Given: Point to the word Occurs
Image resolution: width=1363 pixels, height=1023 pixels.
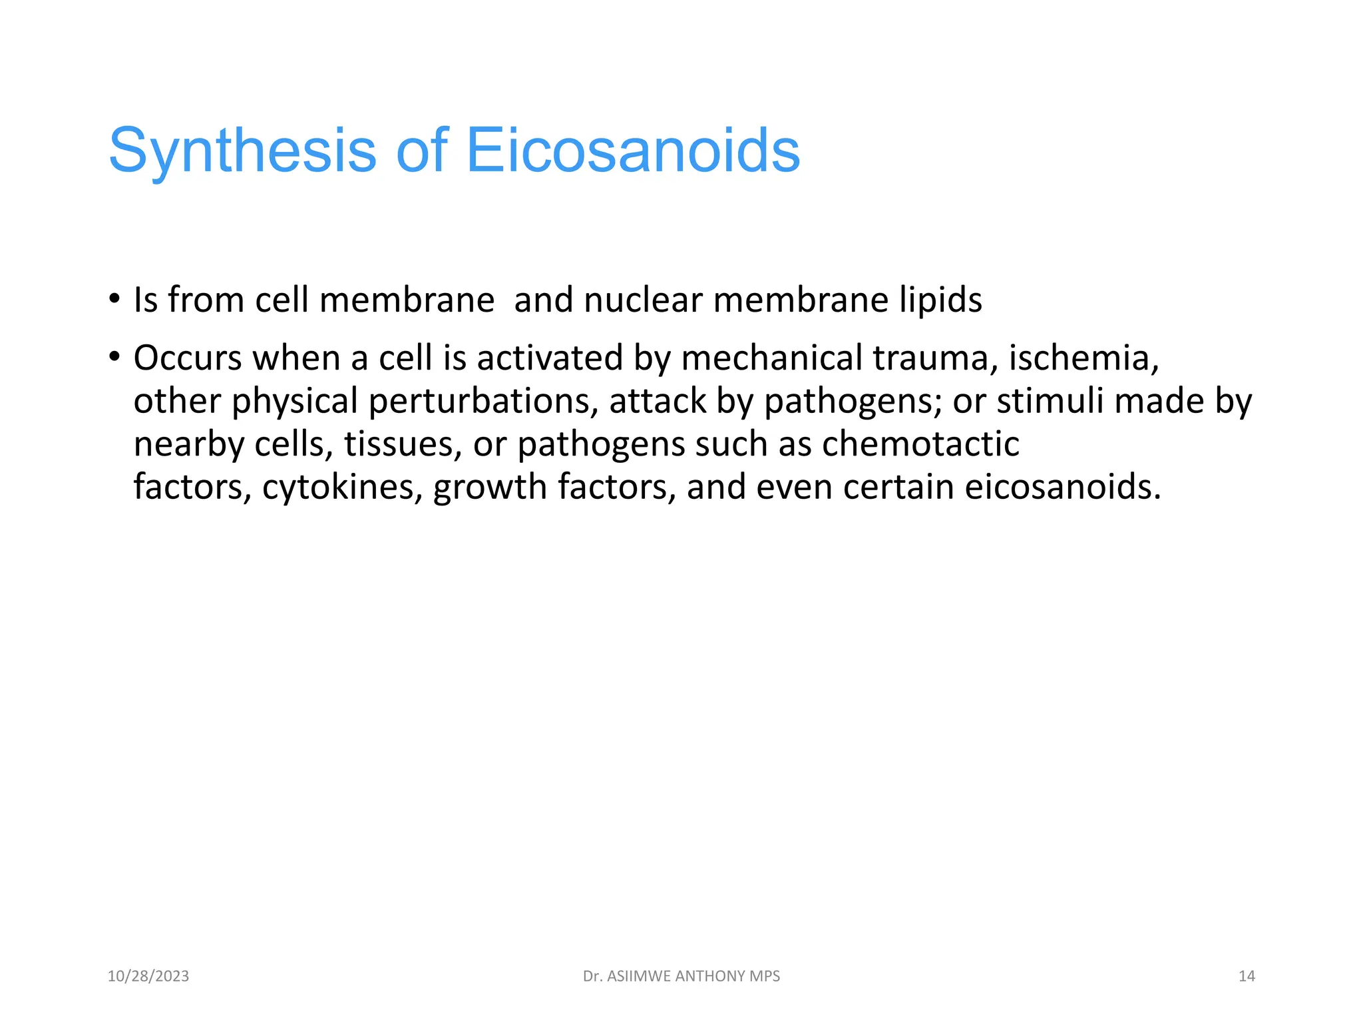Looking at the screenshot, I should click(188, 358).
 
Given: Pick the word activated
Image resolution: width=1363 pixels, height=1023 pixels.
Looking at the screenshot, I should click(550, 358).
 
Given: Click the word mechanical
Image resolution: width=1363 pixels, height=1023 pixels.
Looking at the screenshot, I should click(772, 358).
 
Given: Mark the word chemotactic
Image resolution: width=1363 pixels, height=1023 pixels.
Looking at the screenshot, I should click(920, 444).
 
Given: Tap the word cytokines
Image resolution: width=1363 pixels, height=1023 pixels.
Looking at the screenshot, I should click(342, 488).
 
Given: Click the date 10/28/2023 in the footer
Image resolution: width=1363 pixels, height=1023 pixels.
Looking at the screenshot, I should click(148, 976).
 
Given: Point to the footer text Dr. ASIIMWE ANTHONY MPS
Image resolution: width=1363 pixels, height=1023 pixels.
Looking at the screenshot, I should click(681, 976).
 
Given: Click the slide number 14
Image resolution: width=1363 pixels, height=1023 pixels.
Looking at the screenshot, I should click(1246, 976).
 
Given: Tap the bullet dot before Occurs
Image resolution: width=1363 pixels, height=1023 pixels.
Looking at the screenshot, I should click(114, 357).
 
